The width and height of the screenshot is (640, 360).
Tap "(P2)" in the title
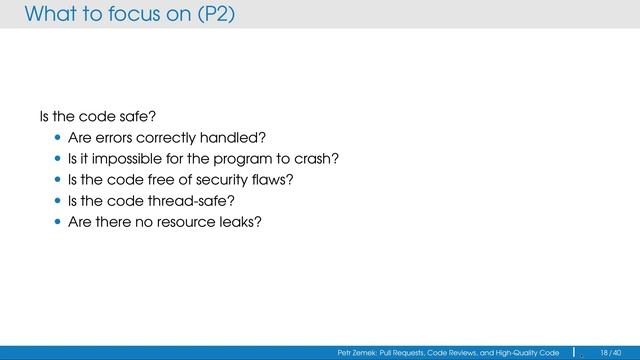(x=214, y=14)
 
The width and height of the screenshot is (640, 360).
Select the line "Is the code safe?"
(x=85, y=117)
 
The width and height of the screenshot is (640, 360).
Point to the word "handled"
(x=239, y=138)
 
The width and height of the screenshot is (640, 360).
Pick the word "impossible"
(x=125, y=159)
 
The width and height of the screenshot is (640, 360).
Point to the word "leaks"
(x=241, y=222)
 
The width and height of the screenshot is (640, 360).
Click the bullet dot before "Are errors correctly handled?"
(x=58, y=138)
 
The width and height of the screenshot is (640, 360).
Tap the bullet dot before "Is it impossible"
(x=58, y=159)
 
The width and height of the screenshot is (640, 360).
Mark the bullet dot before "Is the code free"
(x=58, y=180)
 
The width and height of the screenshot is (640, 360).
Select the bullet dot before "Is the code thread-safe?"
(x=58, y=201)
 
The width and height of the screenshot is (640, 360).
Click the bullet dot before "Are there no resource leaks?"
(x=58, y=222)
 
